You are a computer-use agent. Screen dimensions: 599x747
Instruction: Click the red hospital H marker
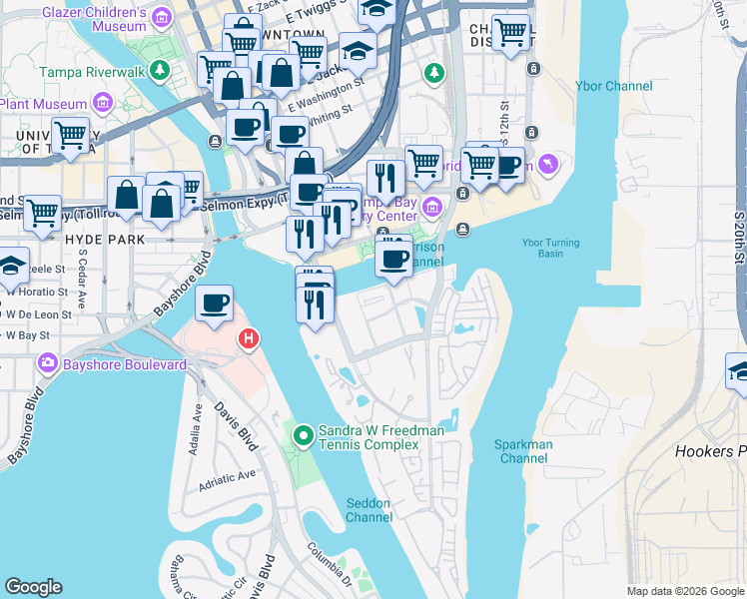[x=248, y=340]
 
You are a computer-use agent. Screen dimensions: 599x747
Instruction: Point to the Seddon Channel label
[x=369, y=509]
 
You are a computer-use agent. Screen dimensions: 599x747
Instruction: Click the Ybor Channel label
[x=613, y=86]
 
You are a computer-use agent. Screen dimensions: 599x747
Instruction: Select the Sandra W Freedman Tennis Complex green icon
[x=303, y=435]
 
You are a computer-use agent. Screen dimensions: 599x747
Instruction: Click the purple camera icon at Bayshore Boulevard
[x=45, y=364]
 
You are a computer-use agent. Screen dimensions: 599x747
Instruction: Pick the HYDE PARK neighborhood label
[x=105, y=240]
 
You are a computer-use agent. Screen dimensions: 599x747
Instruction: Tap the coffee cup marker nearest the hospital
[x=214, y=304]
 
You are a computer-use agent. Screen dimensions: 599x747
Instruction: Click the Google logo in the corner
[x=33, y=587]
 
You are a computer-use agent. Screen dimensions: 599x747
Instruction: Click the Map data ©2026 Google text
[x=684, y=591]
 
